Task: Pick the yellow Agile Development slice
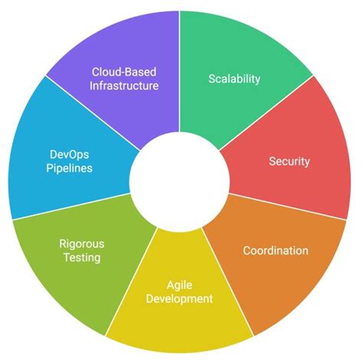(x=180, y=314)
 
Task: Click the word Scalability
(x=234, y=78)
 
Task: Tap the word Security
(x=289, y=162)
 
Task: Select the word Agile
(x=180, y=285)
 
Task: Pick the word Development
(x=180, y=299)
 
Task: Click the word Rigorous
(x=82, y=244)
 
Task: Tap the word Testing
(x=82, y=257)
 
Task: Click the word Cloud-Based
(x=123, y=71)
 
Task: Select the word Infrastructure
(x=123, y=85)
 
